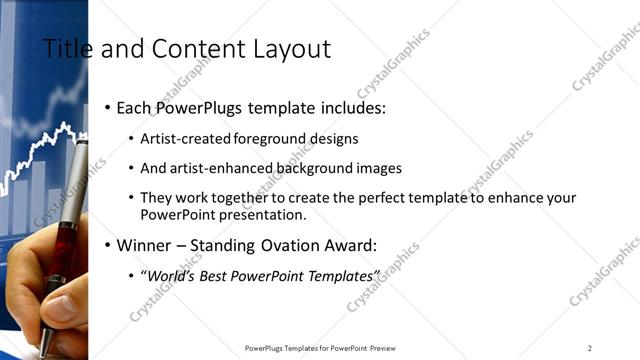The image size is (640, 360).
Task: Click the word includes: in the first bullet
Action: pos(350,107)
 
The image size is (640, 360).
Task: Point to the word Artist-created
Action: pos(185,139)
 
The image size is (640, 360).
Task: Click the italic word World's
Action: pos(171,275)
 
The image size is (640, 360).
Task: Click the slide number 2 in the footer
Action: pos(590,348)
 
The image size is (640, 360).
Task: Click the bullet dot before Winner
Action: pos(107,245)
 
